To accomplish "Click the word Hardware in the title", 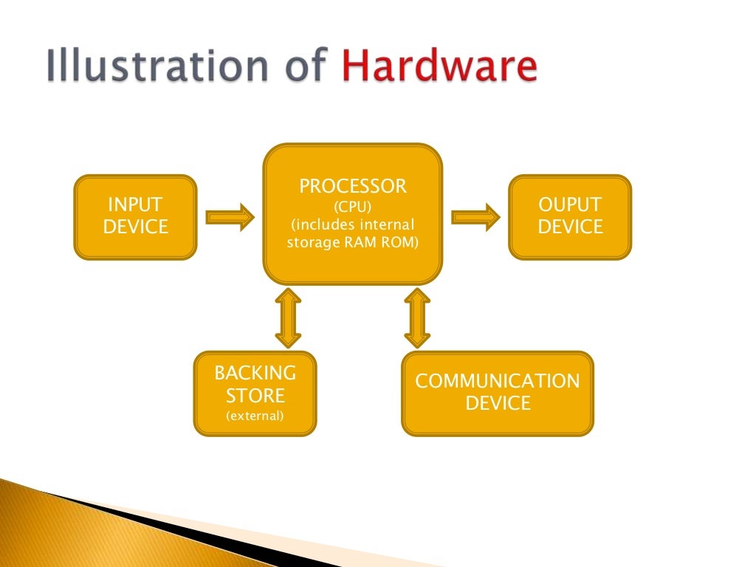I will point(439,67).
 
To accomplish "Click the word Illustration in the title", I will point(148,67).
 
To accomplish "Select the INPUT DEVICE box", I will point(135,216).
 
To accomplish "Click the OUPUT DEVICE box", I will point(570,216).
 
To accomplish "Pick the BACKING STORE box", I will point(255,394).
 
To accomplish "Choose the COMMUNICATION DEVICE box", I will point(497,394).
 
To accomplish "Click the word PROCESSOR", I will point(353,186).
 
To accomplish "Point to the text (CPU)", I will point(353,206).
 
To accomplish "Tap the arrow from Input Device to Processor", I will point(230,217).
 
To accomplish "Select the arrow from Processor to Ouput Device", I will point(475,217).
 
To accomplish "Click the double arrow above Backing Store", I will point(288,318).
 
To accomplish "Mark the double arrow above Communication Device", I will point(417,318).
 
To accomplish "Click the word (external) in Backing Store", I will point(255,416).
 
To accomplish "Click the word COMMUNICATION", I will point(497,382).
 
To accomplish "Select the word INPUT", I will point(135,205).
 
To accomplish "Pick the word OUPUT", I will point(570,205).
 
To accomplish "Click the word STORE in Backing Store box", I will point(255,395).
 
